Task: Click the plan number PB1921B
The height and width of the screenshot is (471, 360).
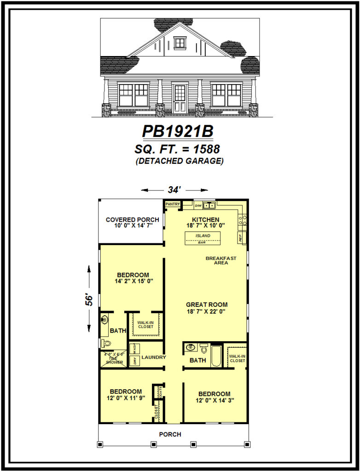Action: (178, 132)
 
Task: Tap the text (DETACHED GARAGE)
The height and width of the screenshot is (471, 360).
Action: (180, 161)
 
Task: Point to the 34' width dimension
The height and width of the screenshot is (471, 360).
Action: (174, 190)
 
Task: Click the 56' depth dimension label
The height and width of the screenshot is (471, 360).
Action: (90, 300)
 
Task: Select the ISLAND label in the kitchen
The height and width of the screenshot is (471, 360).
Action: (203, 235)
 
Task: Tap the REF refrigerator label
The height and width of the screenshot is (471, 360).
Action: (240, 238)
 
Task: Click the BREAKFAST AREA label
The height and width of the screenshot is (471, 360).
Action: (221, 260)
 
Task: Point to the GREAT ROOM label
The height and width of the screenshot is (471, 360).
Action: (207, 304)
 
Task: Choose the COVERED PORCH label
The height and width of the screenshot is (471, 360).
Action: (133, 220)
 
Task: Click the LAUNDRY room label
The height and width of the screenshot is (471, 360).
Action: (154, 357)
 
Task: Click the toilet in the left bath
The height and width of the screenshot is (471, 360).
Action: (105, 343)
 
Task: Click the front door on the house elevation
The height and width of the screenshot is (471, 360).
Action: (180, 98)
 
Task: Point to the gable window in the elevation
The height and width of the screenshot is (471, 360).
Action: (180, 43)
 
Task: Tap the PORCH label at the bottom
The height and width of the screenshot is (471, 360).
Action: (170, 434)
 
